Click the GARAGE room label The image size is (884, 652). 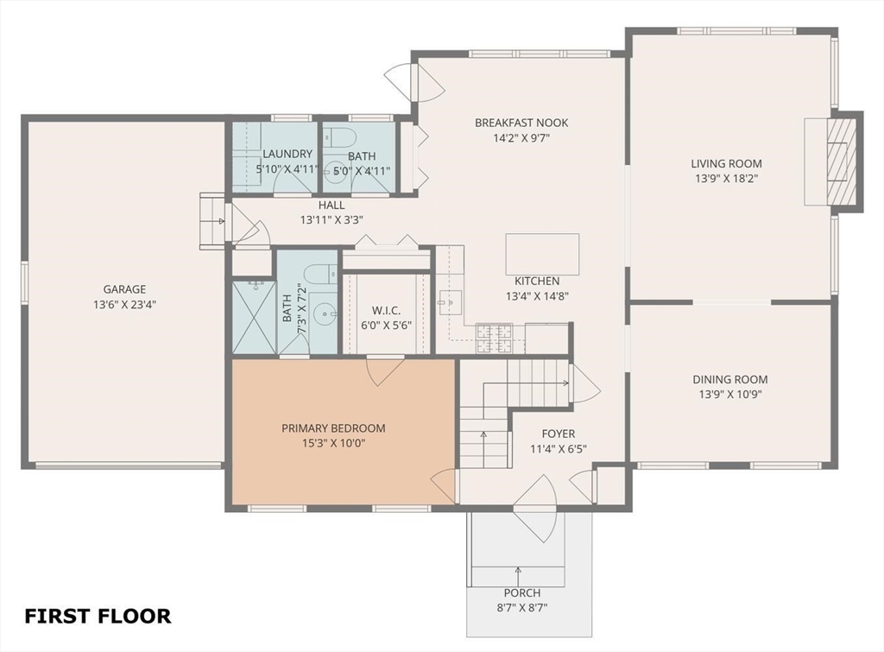tap(124, 289)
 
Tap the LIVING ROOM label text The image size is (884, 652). tap(726, 163)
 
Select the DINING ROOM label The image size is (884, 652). tap(730, 380)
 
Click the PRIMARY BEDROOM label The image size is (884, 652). tap(334, 428)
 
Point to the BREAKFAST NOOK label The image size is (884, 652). tap(521, 123)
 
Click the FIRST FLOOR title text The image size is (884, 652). tap(98, 616)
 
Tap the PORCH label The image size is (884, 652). tap(522, 592)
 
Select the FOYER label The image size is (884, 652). tap(559, 434)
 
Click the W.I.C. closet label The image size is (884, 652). tap(386, 311)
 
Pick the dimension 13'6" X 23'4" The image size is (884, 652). tap(124, 305)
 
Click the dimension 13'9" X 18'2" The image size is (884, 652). tap(726, 179)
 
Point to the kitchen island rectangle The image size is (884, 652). tap(542, 255)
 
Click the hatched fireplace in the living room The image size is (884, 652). tap(842, 161)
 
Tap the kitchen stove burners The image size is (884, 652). tap(493, 339)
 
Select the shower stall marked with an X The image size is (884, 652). tap(254, 317)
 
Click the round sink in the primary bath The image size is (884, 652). tap(325, 311)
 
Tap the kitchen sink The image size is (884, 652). tap(450, 302)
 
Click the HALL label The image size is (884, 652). tap(331, 206)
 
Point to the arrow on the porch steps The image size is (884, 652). tap(518, 575)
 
